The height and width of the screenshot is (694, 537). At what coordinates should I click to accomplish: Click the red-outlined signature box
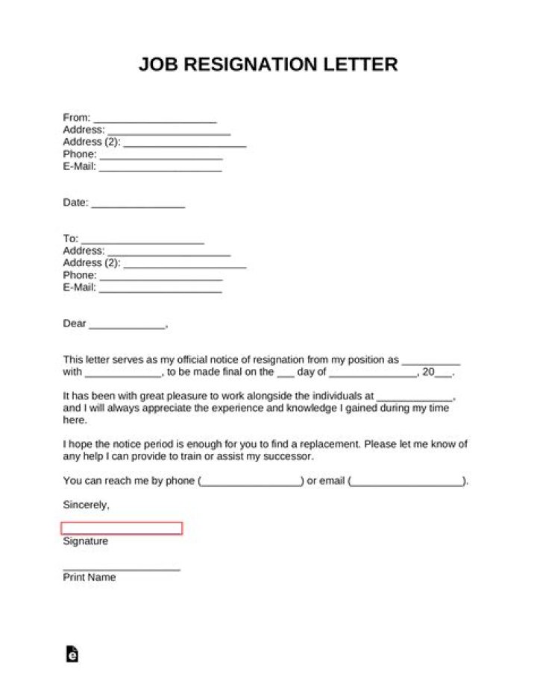pos(122,529)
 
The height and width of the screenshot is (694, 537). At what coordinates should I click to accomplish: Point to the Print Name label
pos(89,577)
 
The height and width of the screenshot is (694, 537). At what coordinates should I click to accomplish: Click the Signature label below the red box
pos(85,541)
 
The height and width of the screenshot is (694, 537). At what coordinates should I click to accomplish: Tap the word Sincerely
pos(86,505)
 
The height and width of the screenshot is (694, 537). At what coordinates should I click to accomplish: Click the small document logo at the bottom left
pos(72,653)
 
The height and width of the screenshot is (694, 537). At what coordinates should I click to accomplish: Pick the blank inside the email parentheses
pos(406,482)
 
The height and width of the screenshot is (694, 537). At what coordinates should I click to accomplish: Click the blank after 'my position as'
pos(431,360)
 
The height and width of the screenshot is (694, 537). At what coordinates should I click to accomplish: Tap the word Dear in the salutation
pos(75,324)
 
